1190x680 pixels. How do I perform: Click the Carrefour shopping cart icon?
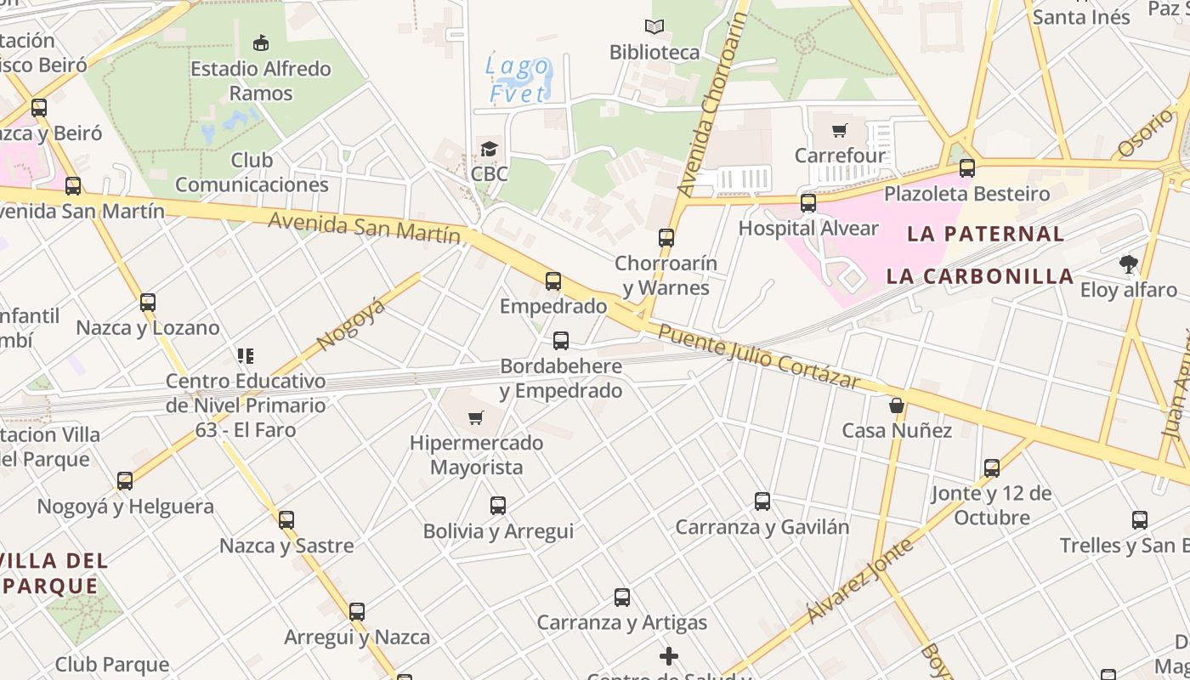point(840,131)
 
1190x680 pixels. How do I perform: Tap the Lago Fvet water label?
point(518,79)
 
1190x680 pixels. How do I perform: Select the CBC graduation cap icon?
point(489,150)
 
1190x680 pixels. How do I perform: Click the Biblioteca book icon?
point(654,27)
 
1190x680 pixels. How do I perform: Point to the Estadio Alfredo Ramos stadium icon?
point(261,42)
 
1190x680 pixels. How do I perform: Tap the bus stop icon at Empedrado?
point(553,280)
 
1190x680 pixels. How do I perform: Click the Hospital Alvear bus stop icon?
point(808,203)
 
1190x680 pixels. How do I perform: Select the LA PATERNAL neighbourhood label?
point(985,234)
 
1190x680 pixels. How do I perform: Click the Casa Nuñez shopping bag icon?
point(897,405)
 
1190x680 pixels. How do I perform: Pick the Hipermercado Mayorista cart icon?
point(476,417)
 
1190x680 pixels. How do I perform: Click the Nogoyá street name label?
point(350,324)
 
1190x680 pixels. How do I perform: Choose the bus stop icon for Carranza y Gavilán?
point(762,501)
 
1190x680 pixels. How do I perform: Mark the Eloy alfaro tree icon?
point(1128,264)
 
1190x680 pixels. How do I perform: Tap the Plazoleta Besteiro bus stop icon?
point(966,168)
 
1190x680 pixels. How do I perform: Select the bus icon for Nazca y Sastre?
point(286,519)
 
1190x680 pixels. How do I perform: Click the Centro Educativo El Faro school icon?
point(246,356)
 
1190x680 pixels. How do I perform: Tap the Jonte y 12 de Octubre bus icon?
point(991,468)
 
